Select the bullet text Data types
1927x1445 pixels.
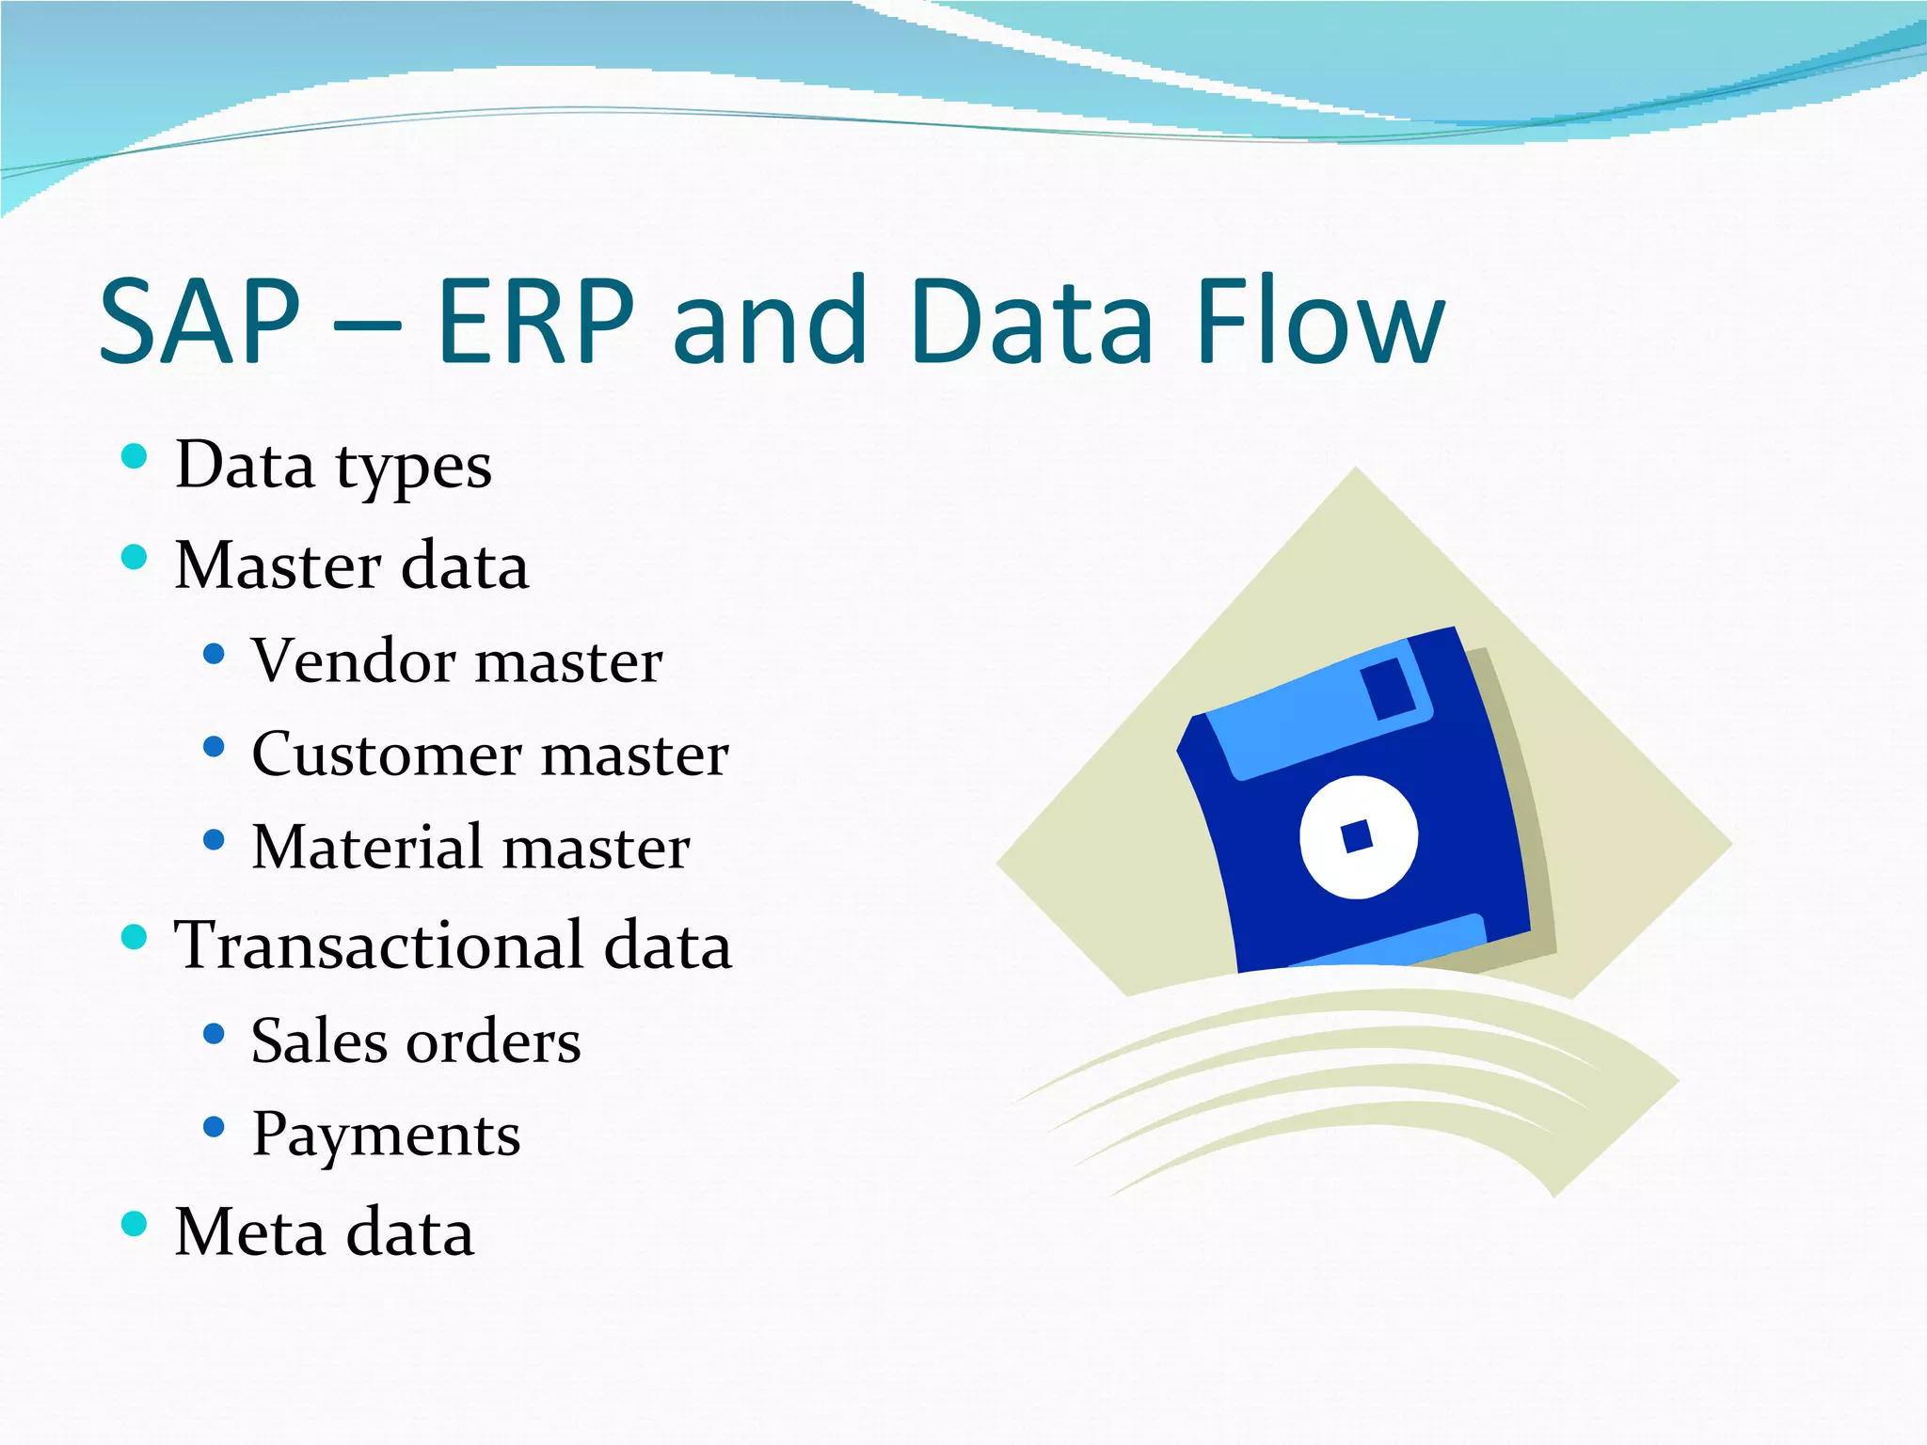point(333,465)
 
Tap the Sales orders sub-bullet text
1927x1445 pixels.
point(416,1041)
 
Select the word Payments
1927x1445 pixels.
point(386,1135)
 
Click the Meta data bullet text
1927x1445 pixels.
point(325,1231)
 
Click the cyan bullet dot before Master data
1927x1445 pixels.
point(135,557)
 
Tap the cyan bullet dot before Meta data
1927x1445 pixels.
point(135,1223)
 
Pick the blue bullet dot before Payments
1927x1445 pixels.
point(214,1126)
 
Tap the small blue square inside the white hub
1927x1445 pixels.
point(1356,835)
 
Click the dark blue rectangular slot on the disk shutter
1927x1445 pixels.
point(1388,688)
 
